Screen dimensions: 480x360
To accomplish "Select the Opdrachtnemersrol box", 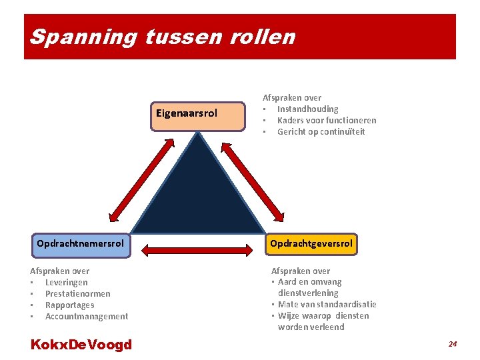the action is pos(81,244).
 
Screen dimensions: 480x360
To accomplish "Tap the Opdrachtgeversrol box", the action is pos(311,244).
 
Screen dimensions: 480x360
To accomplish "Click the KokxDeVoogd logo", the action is pos(81,345).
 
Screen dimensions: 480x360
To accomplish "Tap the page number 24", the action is pos(453,344).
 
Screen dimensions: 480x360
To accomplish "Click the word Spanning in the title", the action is pos(83,37).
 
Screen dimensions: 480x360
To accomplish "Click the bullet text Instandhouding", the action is pos(307,109).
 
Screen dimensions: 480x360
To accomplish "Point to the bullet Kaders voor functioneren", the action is pos(327,120).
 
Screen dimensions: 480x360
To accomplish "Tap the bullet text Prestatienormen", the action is pos(77,293).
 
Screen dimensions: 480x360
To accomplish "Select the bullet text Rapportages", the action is pos(69,305).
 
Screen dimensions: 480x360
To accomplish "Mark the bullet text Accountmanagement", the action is pos(86,316).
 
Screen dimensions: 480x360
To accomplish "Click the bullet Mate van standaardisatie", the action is pos(327,304).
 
